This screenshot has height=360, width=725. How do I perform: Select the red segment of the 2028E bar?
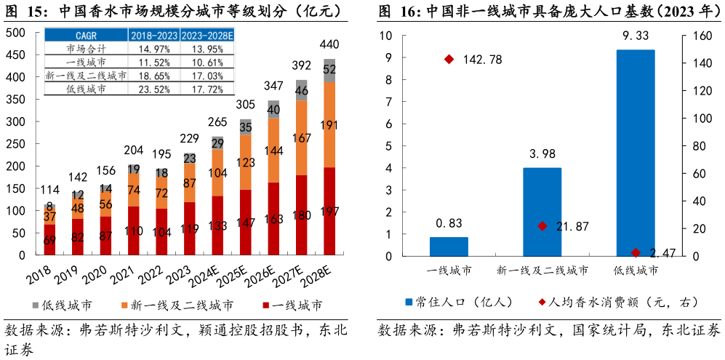point(329,211)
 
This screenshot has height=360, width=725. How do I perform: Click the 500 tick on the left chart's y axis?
point(15,32)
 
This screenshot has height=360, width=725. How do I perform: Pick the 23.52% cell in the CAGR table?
point(153,89)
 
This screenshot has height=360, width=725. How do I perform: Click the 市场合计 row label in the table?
point(86,49)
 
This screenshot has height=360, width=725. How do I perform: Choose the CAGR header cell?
point(86,36)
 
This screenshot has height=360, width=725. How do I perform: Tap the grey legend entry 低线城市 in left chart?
point(62,305)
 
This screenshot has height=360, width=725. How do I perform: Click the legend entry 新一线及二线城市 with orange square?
point(175,305)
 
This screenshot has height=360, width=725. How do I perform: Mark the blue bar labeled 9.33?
point(636,153)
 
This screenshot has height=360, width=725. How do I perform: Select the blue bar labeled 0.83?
point(449,247)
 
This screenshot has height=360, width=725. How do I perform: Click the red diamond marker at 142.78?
point(449,60)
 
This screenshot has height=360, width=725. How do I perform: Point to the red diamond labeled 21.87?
point(542,226)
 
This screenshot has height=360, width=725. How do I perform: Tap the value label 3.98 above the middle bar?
point(542,153)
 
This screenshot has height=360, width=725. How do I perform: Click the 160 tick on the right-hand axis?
point(699,36)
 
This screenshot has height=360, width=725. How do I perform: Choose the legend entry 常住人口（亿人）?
point(454,301)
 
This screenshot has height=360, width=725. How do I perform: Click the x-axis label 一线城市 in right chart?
point(449,271)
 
